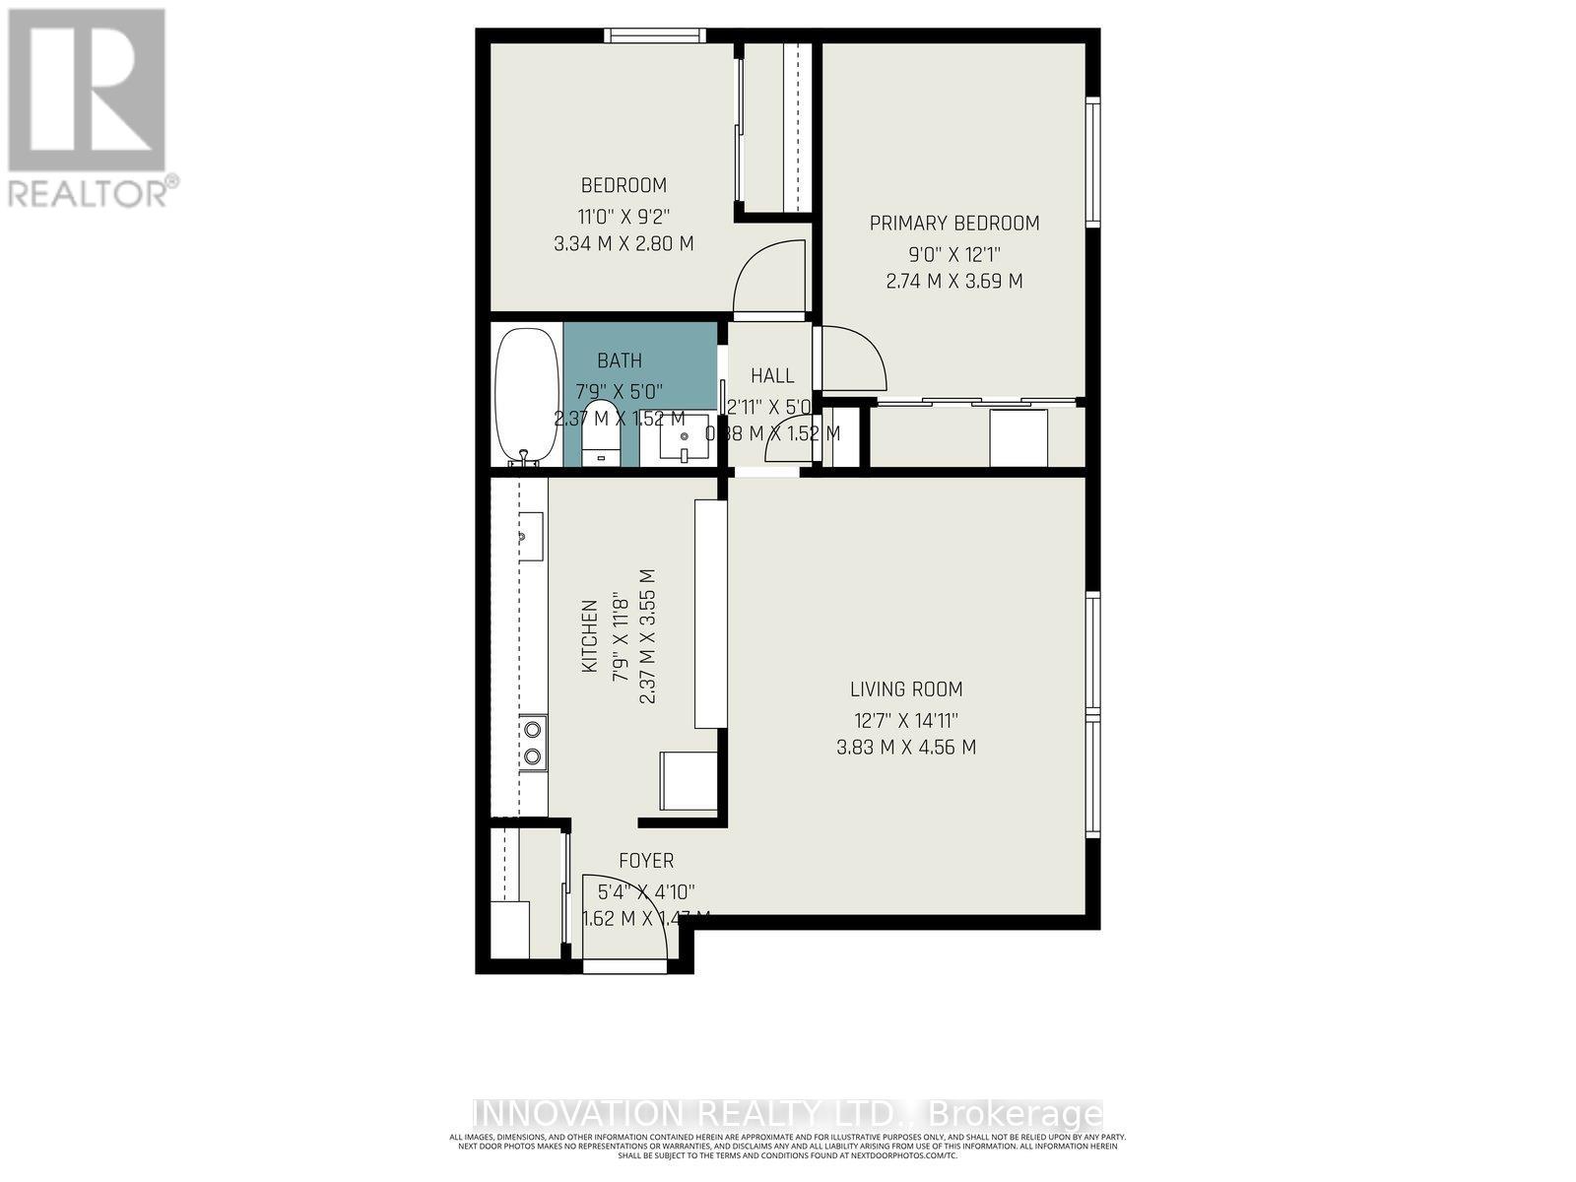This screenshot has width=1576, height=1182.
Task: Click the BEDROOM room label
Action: pos(623,185)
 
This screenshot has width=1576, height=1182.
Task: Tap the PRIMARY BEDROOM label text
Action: pos(953,224)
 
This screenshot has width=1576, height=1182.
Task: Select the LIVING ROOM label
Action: pos(906,689)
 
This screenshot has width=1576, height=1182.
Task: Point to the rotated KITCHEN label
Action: pos(589,636)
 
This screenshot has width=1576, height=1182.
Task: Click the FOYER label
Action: pos(646,861)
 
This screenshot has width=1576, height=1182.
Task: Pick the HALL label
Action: pos(772,375)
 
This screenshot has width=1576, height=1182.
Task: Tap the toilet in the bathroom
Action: pos(600,433)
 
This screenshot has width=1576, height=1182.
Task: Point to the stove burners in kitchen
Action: pos(532,743)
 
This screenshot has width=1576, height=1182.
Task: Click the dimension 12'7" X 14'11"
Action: pos(906,719)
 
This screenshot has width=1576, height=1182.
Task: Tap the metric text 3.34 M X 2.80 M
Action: pos(623,242)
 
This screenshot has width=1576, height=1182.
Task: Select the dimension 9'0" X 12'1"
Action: pos(953,252)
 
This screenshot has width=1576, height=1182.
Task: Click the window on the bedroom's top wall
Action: pos(655,36)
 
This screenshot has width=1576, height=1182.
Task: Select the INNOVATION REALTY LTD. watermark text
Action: pos(788,1114)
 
